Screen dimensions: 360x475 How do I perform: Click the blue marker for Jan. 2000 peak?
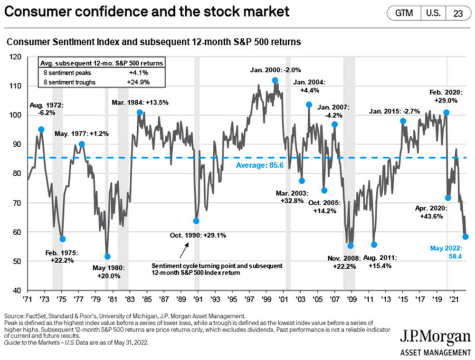coord(275,81)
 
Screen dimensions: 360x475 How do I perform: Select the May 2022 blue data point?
coord(465,237)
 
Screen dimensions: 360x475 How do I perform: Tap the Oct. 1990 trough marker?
coord(196,221)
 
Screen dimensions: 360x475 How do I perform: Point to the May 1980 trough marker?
coord(107,256)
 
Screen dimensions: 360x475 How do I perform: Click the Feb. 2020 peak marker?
coord(446,113)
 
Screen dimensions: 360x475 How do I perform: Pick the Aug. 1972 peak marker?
coord(41,129)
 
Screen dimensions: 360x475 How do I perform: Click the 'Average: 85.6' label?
coord(256,165)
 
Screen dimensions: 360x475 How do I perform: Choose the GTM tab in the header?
coord(404,13)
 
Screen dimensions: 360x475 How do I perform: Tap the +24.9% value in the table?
coord(141,82)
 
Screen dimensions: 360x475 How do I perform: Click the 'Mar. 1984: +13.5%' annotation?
coord(140,103)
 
